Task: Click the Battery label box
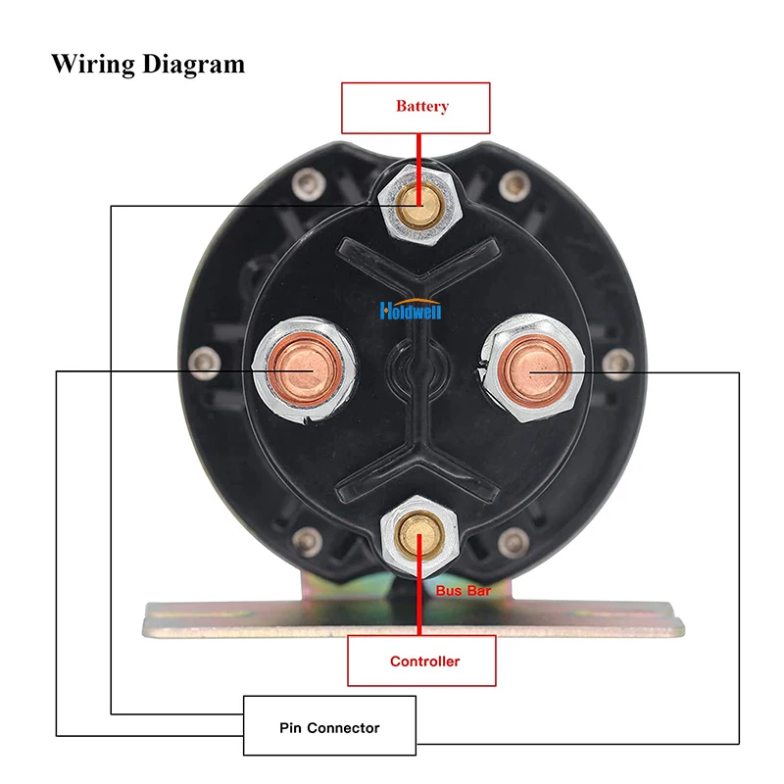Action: pyautogui.click(x=415, y=107)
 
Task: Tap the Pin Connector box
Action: pyautogui.click(x=329, y=726)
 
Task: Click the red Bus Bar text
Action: pyautogui.click(x=464, y=592)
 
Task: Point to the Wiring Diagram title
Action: pyautogui.click(x=148, y=65)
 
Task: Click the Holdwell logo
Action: pyautogui.click(x=411, y=312)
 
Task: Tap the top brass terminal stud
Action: pyautogui.click(x=416, y=200)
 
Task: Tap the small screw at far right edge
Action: pyautogui.click(x=616, y=364)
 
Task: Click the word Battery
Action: pyautogui.click(x=421, y=107)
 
